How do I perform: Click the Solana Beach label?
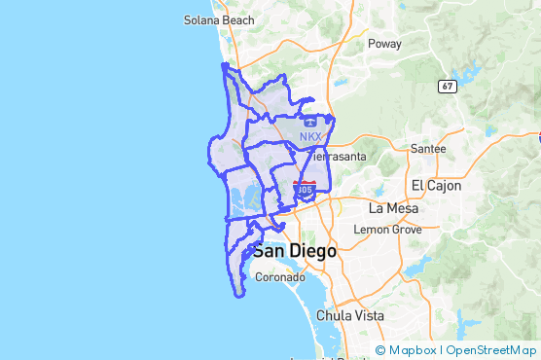219,19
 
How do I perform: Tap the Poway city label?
383,44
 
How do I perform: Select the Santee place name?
428,149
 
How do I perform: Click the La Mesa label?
392,208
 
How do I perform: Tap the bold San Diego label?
295,251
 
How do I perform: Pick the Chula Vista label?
349,316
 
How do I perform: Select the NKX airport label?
309,136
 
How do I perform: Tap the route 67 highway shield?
447,86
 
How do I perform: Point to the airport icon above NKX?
308,123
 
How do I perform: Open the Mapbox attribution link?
413,350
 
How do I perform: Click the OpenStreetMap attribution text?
490,350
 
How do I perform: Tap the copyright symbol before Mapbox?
380,350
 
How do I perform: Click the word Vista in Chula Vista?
367,316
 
